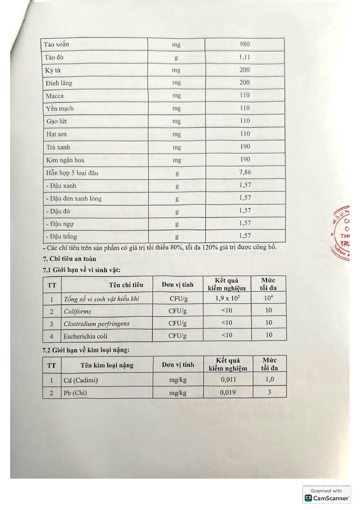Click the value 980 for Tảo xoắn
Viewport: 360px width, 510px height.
tap(244, 44)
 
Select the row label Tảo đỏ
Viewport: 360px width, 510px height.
tap(54, 57)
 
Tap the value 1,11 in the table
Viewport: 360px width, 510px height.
tap(244, 57)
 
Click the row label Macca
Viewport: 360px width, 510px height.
tap(55, 96)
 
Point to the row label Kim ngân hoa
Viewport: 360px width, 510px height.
tap(65, 160)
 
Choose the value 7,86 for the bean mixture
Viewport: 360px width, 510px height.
tap(245, 172)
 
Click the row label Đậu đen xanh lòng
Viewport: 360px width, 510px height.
tap(74, 199)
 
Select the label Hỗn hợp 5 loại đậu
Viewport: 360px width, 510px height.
tap(72, 173)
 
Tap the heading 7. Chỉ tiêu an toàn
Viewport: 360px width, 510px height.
tap(69, 259)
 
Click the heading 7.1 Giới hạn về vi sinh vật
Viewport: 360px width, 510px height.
tap(82, 270)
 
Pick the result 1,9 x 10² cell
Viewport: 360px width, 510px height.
tap(227, 298)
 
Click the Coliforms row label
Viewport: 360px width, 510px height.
tap(77, 312)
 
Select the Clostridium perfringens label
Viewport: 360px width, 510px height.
tap(97, 324)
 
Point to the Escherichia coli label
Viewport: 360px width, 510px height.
tap(85, 336)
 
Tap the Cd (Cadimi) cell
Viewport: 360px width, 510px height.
tap(81, 380)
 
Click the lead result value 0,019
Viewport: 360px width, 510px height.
tap(228, 393)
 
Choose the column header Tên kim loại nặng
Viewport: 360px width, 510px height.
tap(107, 365)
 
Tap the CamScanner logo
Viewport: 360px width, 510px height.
tap(327, 498)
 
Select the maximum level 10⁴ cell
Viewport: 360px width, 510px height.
tap(269, 298)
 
